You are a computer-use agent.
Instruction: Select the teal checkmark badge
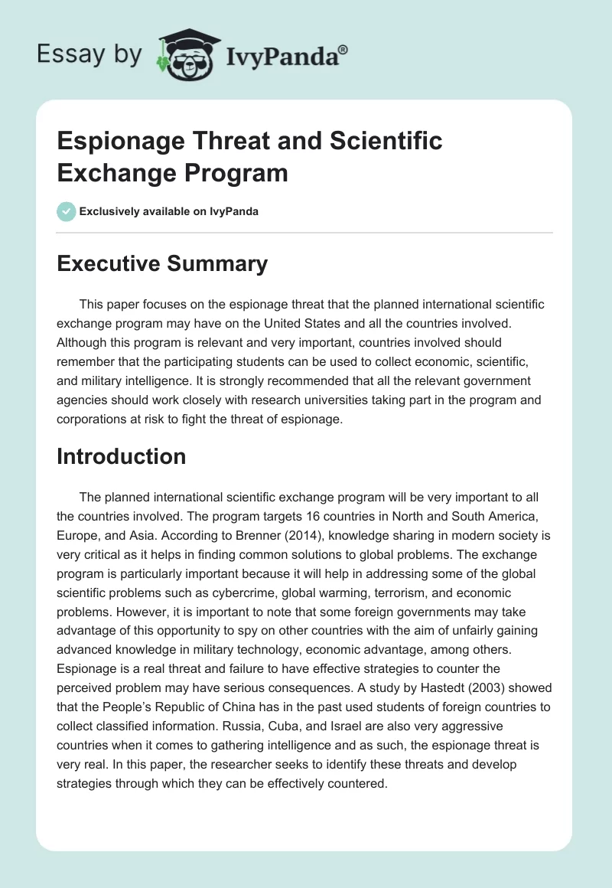click(x=67, y=211)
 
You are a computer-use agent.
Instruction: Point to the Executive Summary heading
click(x=162, y=264)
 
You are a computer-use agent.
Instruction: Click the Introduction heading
click(x=121, y=456)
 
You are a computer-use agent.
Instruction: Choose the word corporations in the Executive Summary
click(x=90, y=420)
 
